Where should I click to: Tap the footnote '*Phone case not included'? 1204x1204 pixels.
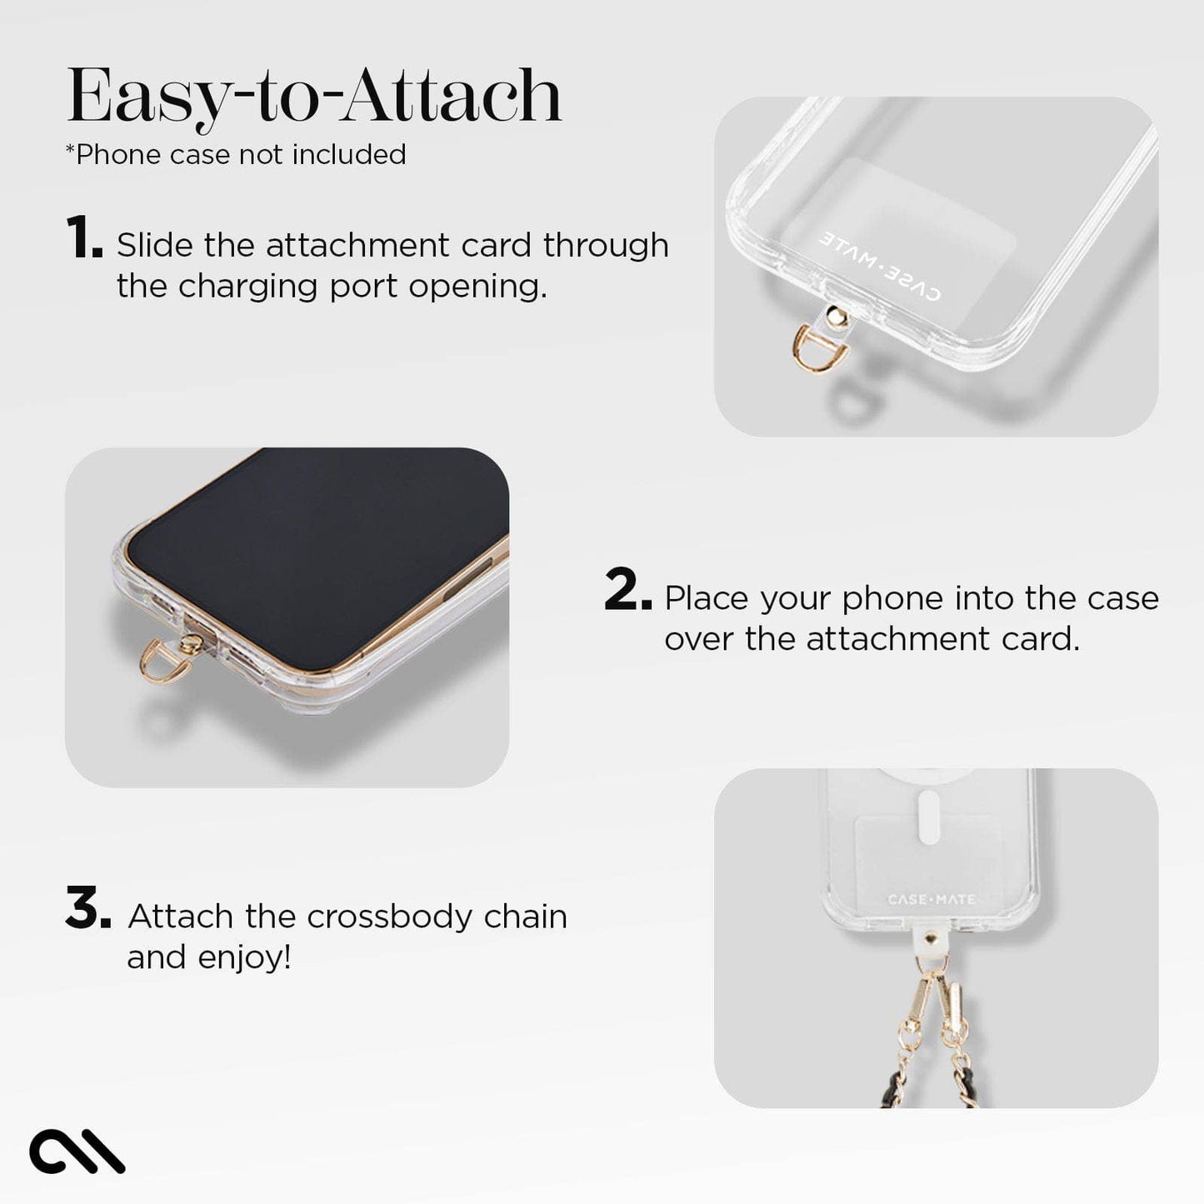[x=236, y=155]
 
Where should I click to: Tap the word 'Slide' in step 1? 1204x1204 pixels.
[x=154, y=245]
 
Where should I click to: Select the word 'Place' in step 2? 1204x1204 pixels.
[x=707, y=598]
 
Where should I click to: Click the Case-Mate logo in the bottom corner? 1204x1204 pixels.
[x=77, y=1152]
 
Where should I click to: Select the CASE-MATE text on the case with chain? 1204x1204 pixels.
[x=932, y=900]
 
